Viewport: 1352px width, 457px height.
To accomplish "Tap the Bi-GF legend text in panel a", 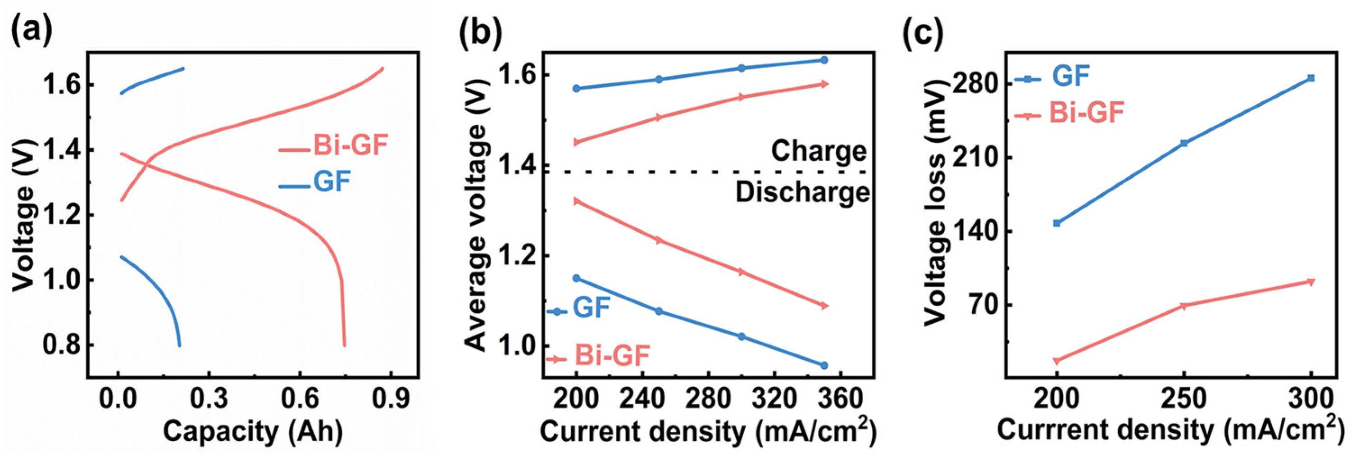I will click(x=350, y=145).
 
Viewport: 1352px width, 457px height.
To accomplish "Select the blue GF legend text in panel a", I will click(x=332, y=182).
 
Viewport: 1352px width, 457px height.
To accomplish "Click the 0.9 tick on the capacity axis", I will click(x=391, y=399).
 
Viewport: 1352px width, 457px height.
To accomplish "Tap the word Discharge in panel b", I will click(x=802, y=192).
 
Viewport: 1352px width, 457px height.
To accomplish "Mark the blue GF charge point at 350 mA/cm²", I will click(x=824, y=60).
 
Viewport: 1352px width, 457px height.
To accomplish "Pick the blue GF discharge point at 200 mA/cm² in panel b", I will click(x=576, y=278).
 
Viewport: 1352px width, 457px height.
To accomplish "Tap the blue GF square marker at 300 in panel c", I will click(x=1311, y=78).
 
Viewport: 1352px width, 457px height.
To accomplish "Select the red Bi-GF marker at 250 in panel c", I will click(x=1184, y=306).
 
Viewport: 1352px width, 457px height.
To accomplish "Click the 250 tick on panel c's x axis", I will click(x=1184, y=399).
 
